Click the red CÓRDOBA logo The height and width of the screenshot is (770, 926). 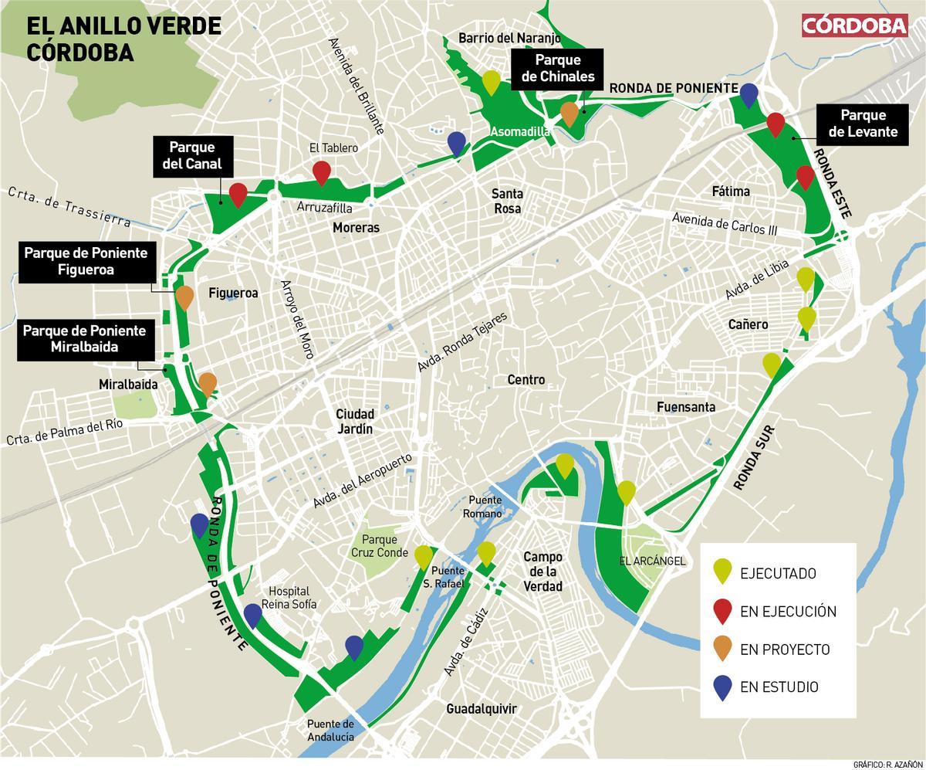tap(854, 25)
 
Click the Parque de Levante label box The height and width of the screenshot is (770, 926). tap(863, 124)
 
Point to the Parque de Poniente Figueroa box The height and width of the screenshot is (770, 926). tap(86, 261)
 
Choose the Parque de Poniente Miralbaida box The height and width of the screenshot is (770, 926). tap(84, 339)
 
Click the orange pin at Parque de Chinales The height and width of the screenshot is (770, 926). tap(569, 114)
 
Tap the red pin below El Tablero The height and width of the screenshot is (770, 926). tap(321, 172)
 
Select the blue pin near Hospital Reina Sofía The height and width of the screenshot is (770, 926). tap(252, 615)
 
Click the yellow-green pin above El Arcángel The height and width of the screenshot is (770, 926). tap(627, 492)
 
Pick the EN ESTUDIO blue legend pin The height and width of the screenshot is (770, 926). tap(722, 687)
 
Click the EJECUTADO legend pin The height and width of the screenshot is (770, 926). tap(722, 572)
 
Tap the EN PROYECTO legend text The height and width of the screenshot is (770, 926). tap(784, 650)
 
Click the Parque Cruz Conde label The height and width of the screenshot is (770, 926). tap(378, 546)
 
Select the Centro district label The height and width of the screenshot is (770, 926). tap(526, 379)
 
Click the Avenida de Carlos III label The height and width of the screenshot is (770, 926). tap(725, 223)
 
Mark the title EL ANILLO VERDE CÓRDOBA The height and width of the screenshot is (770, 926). tap(123, 39)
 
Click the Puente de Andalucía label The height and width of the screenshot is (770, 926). tap(330, 730)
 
